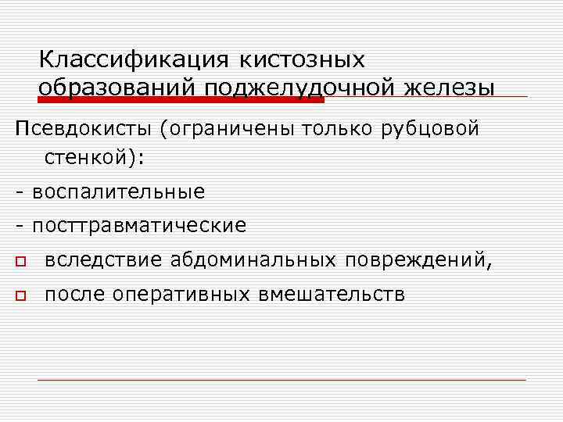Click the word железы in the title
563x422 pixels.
(450, 88)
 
